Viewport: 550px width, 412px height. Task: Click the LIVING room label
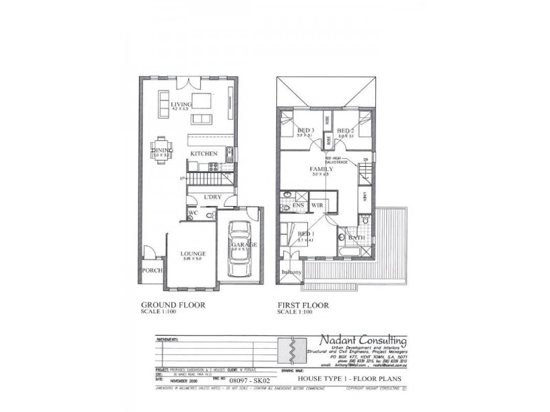pos(181,104)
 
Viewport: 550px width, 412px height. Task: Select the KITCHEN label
pos(204,153)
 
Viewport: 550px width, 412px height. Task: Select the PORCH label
pos(151,271)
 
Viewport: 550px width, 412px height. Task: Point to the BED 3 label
pos(305,130)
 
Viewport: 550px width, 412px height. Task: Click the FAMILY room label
pos(322,169)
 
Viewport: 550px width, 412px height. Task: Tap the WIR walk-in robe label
pos(317,205)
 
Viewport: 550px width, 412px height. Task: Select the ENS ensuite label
pos(298,205)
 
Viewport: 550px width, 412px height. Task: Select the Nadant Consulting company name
pos(362,341)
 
